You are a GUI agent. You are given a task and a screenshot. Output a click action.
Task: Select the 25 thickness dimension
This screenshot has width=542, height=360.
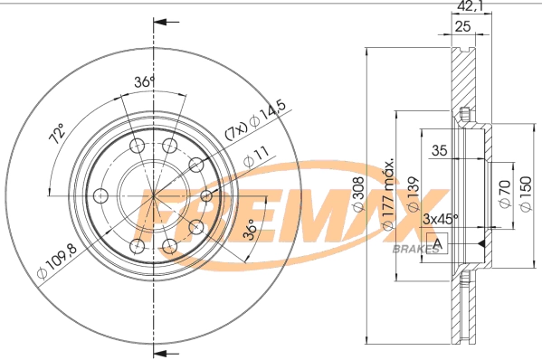(463, 27)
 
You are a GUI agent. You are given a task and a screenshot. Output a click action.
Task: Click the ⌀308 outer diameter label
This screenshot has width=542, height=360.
(358, 194)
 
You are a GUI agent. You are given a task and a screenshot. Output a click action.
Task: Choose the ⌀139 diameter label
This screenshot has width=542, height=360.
(412, 194)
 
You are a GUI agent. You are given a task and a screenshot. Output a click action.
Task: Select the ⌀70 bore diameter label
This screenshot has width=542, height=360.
(506, 194)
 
